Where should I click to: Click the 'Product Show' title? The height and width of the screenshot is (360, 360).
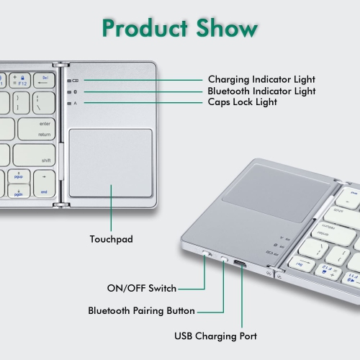(179, 28)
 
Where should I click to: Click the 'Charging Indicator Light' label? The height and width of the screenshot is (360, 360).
(261, 79)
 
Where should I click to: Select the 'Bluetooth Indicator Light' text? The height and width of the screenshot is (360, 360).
(261, 91)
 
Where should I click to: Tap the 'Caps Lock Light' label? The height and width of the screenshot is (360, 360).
(242, 103)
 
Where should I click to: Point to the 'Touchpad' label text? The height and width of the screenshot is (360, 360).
(110, 238)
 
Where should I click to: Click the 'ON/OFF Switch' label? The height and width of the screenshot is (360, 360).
(143, 289)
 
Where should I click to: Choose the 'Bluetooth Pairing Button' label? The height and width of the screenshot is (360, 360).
(141, 311)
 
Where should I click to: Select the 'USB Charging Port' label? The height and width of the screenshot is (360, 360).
(215, 336)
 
